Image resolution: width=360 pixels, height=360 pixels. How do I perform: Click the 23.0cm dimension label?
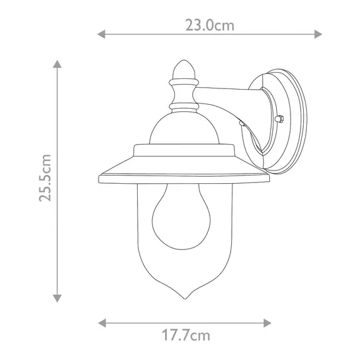coord(210,25)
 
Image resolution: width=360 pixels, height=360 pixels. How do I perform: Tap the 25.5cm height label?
coord(45,178)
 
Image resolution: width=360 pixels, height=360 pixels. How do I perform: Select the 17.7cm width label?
coord(186,335)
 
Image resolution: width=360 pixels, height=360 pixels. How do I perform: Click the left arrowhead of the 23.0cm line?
coord(101,34)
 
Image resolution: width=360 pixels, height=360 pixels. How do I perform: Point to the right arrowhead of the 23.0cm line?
coord(318,34)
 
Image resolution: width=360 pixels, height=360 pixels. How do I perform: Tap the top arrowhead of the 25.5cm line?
coord(57,64)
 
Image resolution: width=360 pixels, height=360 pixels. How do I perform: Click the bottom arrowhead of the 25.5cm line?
coord(57,299)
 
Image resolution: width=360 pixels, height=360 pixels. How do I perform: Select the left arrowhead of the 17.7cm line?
coord(102,323)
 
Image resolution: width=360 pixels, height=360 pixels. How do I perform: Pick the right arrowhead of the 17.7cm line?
coord(268,323)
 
